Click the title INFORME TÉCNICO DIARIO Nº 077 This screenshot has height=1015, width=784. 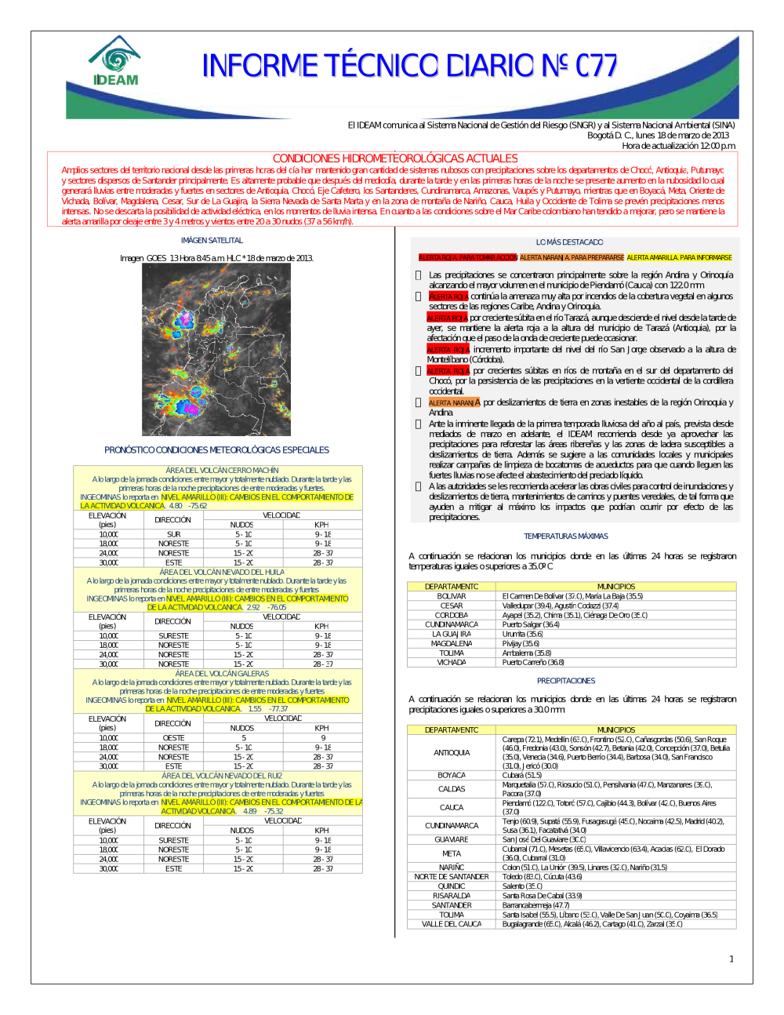[x=409, y=66]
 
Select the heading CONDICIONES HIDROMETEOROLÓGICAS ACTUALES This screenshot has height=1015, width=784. [x=395, y=158]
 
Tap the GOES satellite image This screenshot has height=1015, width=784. [x=216, y=350]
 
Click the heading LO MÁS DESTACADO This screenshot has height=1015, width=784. [x=569, y=242]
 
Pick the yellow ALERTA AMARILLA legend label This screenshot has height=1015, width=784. [x=679, y=257]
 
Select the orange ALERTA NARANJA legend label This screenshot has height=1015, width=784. [x=572, y=257]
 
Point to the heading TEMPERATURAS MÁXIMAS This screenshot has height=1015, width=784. [x=566, y=537]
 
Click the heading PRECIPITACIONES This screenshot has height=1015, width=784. [x=566, y=681]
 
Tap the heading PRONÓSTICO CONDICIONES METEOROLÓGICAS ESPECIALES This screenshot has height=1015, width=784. [x=216, y=450]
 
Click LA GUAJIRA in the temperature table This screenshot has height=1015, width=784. [x=452, y=634]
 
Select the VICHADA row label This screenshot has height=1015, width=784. [x=452, y=662]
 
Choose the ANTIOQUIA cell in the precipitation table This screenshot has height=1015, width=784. [x=452, y=753]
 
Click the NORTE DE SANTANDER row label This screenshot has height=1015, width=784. [x=452, y=877]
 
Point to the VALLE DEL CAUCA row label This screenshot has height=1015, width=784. [x=452, y=924]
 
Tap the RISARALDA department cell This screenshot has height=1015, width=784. [x=452, y=896]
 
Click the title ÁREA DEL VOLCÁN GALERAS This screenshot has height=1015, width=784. [x=222, y=674]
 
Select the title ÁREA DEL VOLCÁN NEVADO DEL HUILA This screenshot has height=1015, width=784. [x=222, y=573]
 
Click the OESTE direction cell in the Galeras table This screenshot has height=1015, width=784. [x=173, y=738]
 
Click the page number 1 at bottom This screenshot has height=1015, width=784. [x=731, y=959]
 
